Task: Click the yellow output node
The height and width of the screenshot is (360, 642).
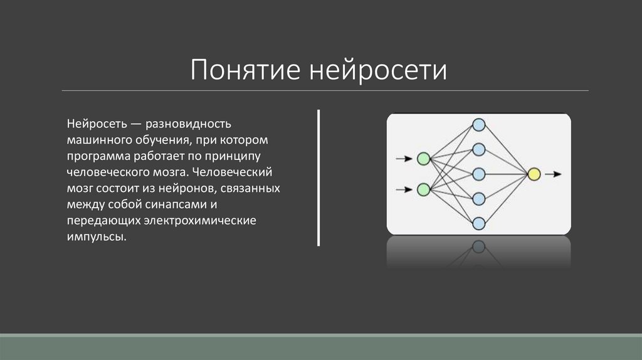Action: coord(534,174)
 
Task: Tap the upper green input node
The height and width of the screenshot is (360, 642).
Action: coord(423,159)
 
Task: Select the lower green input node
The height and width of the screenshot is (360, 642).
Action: coord(423,188)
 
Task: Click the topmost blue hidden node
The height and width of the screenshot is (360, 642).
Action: coord(478,125)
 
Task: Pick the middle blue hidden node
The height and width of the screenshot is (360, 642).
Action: coord(478,174)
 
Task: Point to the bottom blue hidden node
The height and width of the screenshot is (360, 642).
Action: coord(478,223)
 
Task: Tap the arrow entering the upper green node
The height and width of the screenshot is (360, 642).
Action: coord(404,159)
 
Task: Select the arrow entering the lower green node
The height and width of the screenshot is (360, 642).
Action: coord(404,188)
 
